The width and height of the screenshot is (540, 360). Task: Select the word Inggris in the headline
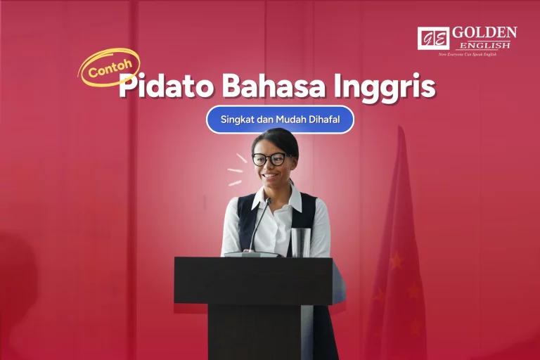click(389, 88)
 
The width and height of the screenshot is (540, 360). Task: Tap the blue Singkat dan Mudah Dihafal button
click(280, 120)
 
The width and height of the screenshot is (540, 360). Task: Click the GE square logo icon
click(432, 38)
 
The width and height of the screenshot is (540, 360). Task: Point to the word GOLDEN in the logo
click(484, 33)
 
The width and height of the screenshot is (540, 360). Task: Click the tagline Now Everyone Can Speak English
click(467, 54)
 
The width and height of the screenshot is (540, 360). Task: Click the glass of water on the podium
click(301, 243)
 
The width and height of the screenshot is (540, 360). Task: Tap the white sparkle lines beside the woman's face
click(235, 170)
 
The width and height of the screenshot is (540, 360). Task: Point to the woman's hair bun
click(278, 135)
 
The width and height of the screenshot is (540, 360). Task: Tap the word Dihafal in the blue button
click(323, 120)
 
